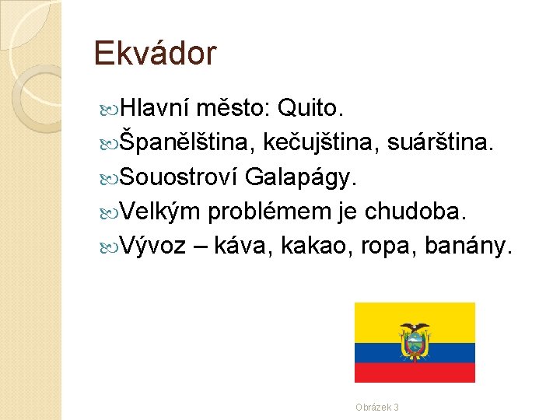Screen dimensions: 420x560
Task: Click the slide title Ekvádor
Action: tap(155, 54)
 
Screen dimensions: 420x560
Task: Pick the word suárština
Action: tap(446, 142)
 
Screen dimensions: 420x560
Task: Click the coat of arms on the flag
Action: tap(415, 341)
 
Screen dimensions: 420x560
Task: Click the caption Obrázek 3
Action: tap(377, 407)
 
